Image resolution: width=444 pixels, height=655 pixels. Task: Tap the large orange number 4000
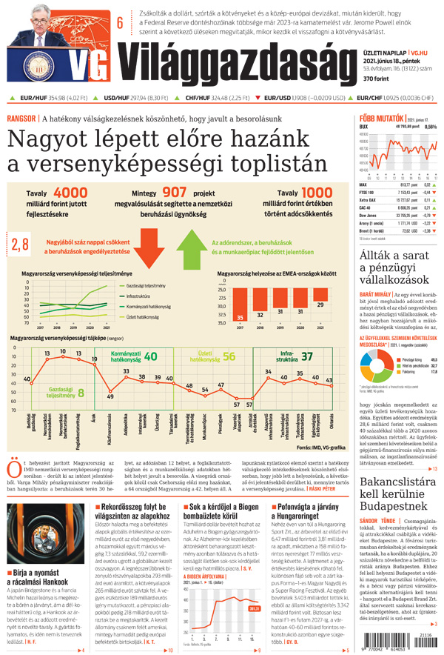[70, 193]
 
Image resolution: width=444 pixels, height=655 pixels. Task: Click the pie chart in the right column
[374, 365]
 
